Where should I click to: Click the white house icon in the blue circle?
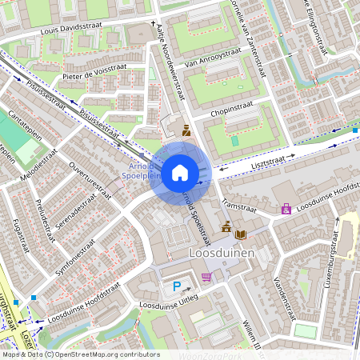[180, 171]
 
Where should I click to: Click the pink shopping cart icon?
[207, 277]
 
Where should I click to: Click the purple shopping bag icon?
[286, 209]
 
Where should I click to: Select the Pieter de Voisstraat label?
[94, 73]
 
